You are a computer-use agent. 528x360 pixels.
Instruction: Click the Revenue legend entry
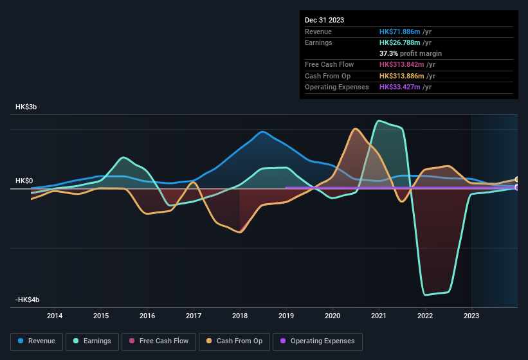[x=37, y=341]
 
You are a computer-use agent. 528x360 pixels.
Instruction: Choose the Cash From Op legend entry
[x=234, y=341]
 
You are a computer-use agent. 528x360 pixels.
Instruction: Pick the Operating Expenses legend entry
[x=318, y=341]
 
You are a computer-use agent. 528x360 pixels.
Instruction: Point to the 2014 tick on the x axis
[x=55, y=316]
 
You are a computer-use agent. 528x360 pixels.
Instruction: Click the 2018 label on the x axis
[x=240, y=316]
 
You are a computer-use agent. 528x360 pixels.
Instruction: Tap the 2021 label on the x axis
[x=379, y=316]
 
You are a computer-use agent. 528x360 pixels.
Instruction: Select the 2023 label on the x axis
[x=471, y=316]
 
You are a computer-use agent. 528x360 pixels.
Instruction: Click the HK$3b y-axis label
[x=26, y=107]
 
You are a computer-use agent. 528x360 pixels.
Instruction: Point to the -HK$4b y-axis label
[x=28, y=300]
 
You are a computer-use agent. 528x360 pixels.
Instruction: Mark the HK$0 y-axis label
[x=24, y=181]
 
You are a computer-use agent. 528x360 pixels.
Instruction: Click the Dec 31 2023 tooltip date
[x=324, y=20]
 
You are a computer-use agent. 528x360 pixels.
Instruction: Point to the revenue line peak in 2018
[x=262, y=132]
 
